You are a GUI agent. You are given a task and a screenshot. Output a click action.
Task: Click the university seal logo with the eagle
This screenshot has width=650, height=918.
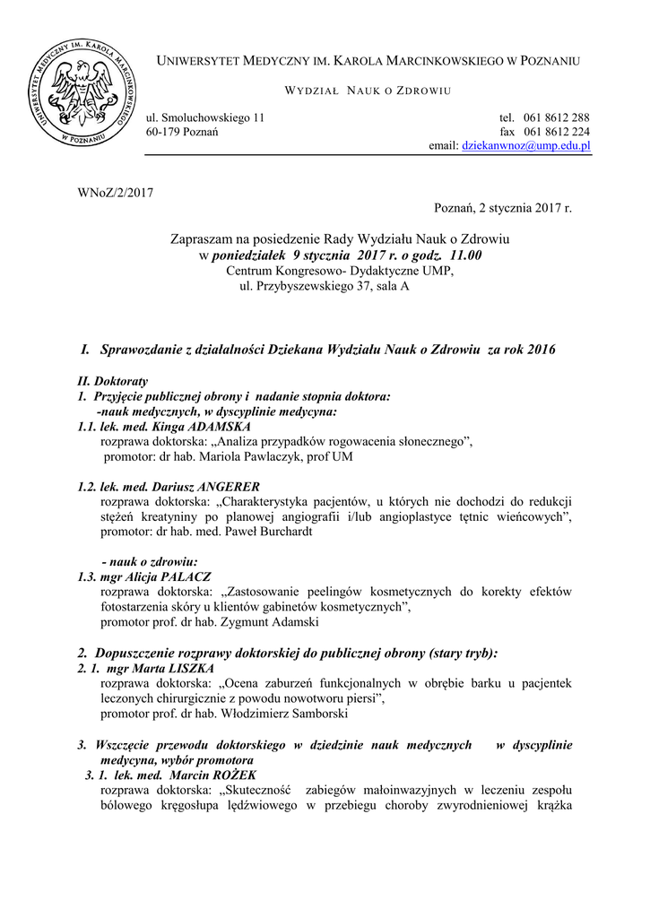coord(82,92)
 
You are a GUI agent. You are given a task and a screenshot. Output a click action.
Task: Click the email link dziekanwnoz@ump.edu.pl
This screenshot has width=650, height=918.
coord(524,145)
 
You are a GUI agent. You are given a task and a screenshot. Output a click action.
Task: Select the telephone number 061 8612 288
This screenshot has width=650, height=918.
coord(556,117)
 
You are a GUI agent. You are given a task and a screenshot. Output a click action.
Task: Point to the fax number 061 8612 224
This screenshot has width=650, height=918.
coord(556,132)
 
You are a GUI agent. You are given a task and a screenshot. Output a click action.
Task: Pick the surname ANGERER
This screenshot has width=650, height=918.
coord(222,487)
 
